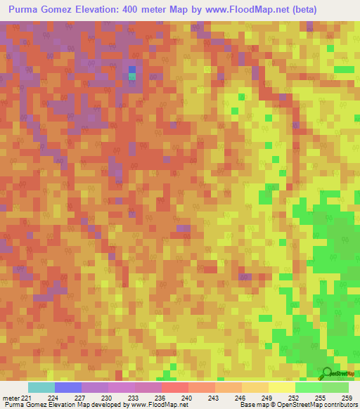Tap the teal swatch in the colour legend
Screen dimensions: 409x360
[x=41, y=387]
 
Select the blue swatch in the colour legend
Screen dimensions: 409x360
[x=68, y=387]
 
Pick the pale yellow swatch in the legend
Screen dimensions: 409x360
[x=282, y=387]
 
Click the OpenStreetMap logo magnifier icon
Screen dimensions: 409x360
[x=326, y=373]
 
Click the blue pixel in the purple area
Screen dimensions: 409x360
[x=132, y=70]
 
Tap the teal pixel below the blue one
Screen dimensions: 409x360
[x=132, y=77]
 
